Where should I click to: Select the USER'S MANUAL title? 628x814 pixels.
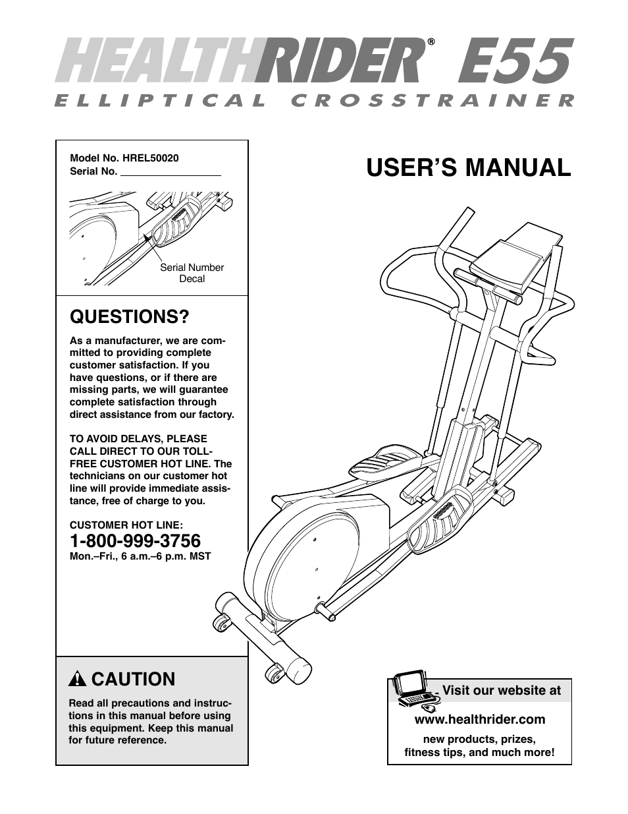click(x=468, y=167)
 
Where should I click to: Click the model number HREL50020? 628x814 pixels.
click(x=150, y=158)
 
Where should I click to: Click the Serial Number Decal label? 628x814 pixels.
click(x=192, y=273)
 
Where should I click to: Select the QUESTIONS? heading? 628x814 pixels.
click(x=129, y=317)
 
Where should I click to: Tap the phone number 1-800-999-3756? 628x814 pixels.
click(x=135, y=541)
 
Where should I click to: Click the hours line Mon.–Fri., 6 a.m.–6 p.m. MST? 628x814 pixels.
click(x=140, y=556)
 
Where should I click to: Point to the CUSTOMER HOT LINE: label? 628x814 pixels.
click(x=126, y=525)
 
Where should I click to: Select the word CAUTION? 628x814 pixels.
click(x=134, y=679)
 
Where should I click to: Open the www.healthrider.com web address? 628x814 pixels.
click(x=479, y=719)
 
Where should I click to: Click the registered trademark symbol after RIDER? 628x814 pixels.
click(x=431, y=42)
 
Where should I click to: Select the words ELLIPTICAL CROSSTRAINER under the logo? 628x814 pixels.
click(x=314, y=101)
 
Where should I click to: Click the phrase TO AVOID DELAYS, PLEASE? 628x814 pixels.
click(x=138, y=439)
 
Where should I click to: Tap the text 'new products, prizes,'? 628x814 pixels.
click(x=479, y=739)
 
